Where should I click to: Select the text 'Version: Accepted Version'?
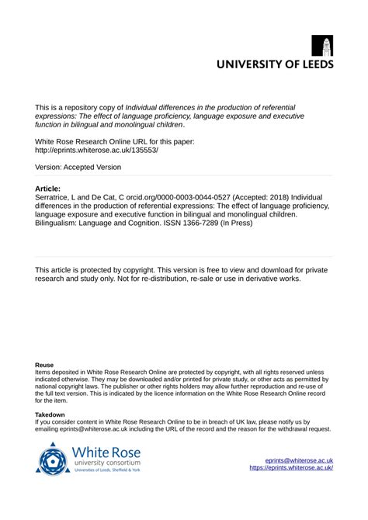(78, 167)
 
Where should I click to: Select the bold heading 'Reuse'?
(45, 364)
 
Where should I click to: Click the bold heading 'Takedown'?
(50, 415)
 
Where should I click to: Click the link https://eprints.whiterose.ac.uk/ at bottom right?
(291, 468)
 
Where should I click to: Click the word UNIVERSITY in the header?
(248, 65)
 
